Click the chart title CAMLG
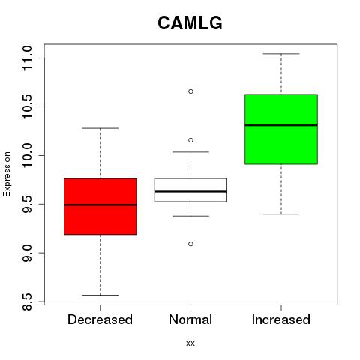pos(190,23)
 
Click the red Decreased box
pos(100,206)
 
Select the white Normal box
pos(190,190)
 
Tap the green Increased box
pos(281,129)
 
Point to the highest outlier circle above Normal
pos(190,91)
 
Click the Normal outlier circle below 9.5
pos(190,244)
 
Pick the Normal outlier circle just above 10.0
pos(190,140)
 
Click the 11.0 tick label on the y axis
pos(27,58)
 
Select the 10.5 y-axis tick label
pos(27,106)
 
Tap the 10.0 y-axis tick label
pos(27,155)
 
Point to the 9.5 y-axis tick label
pos(27,204)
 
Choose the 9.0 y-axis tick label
pos(27,253)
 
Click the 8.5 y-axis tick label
pos(27,301)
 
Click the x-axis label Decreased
pos(100,319)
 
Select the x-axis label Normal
pos(190,319)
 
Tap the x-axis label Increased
pos(281,319)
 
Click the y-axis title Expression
pos(7,174)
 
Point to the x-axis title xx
pos(190,343)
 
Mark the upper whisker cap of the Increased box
pos(281,54)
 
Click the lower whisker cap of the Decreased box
pos(100,295)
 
